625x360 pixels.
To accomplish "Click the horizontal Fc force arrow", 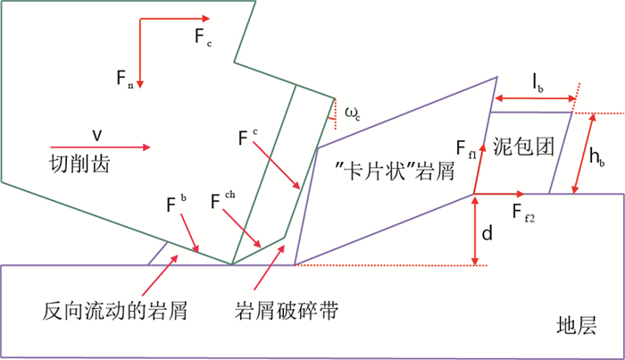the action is click(x=174, y=17).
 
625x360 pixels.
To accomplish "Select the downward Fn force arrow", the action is click(x=140, y=54).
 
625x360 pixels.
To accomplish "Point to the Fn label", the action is click(x=125, y=80).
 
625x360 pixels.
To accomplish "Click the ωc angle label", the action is click(x=353, y=112).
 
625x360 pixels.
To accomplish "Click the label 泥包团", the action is click(x=520, y=145).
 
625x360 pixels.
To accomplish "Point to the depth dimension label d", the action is click(x=487, y=235).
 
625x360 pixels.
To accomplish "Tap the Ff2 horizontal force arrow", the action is click(x=500, y=193).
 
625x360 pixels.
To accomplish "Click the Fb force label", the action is click(x=176, y=202).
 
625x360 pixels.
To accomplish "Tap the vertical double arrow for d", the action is click(x=473, y=230).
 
